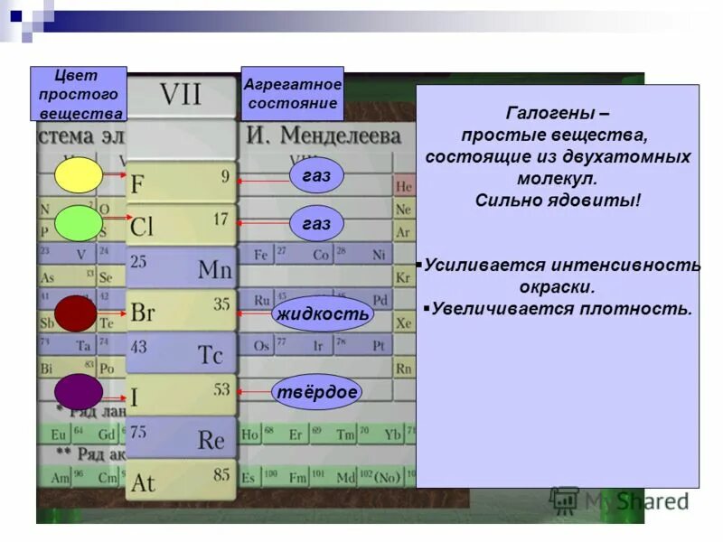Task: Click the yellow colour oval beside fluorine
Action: click(79, 175)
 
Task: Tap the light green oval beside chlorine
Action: click(79, 223)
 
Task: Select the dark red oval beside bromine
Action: click(76, 313)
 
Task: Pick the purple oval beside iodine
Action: click(79, 391)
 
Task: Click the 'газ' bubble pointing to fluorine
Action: click(316, 177)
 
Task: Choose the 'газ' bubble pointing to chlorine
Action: click(316, 223)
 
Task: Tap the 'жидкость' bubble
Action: click(323, 313)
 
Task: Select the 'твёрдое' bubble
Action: click(316, 392)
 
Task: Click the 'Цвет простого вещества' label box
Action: click(79, 94)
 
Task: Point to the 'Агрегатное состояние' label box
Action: click(292, 94)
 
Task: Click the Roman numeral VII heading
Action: click(181, 95)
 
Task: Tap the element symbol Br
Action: click(143, 313)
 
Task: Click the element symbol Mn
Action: click(214, 269)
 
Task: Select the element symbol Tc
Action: click(210, 354)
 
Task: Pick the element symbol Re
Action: click(211, 440)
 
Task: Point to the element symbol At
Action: click(143, 482)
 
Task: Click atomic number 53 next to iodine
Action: click(221, 389)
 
